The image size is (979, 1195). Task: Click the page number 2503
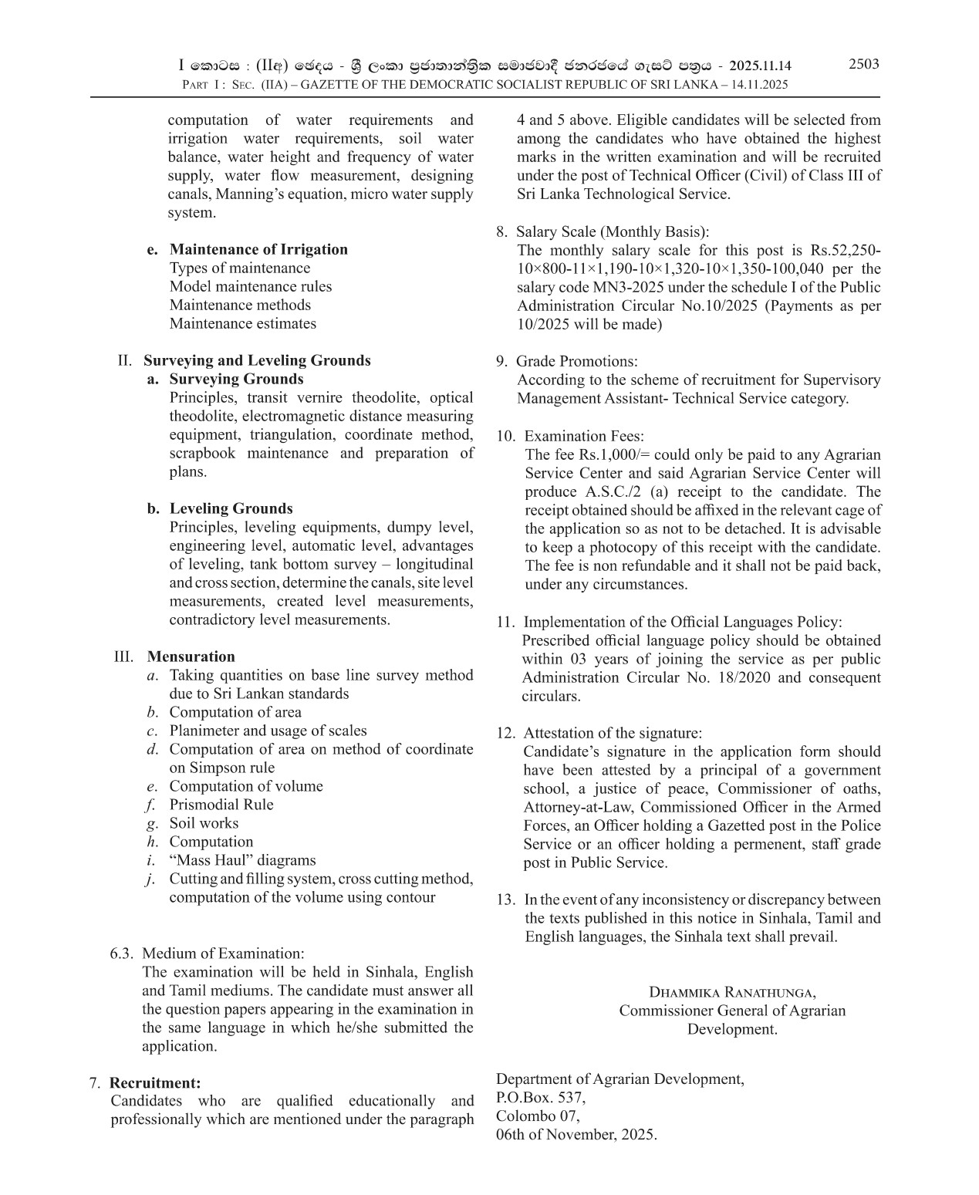tap(863, 64)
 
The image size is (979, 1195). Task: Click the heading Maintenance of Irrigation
tap(258, 249)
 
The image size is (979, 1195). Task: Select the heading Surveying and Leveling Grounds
tap(257, 360)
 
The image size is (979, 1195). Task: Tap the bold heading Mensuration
tap(191, 657)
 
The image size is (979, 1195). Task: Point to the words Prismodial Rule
tap(221, 805)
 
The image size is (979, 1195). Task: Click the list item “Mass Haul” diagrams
tap(242, 860)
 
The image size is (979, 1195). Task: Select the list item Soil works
tap(204, 823)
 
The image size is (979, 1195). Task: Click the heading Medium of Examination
tap(223, 954)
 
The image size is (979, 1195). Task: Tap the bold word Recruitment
tap(155, 1083)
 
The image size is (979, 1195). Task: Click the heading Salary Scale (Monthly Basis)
tap(613, 231)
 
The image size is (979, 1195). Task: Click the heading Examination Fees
tap(584, 436)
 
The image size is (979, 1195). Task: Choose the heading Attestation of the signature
tap(613, 733)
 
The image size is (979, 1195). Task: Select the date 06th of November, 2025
tap(576, 1135)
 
